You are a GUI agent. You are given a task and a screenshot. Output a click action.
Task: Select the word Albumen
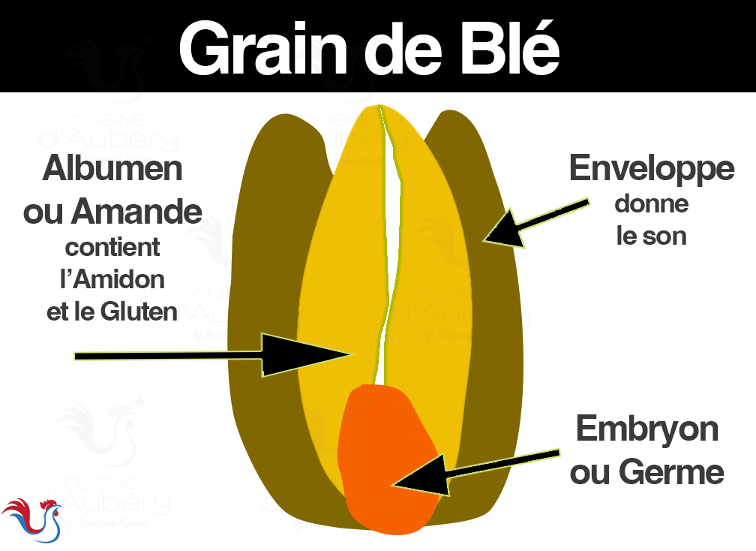coord(112,168)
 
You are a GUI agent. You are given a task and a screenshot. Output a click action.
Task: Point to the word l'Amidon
coord(112,279)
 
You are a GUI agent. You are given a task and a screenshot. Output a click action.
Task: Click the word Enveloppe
coord(651,169)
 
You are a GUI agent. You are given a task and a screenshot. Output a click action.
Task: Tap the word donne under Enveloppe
coord(651,203)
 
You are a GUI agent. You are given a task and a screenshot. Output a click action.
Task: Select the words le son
coord(651,236)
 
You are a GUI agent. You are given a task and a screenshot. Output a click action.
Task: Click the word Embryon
coord(646,429)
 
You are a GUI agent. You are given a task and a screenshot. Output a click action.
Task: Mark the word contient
coord(112,247)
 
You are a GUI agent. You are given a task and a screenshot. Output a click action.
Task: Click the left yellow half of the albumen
coord(337,263)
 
